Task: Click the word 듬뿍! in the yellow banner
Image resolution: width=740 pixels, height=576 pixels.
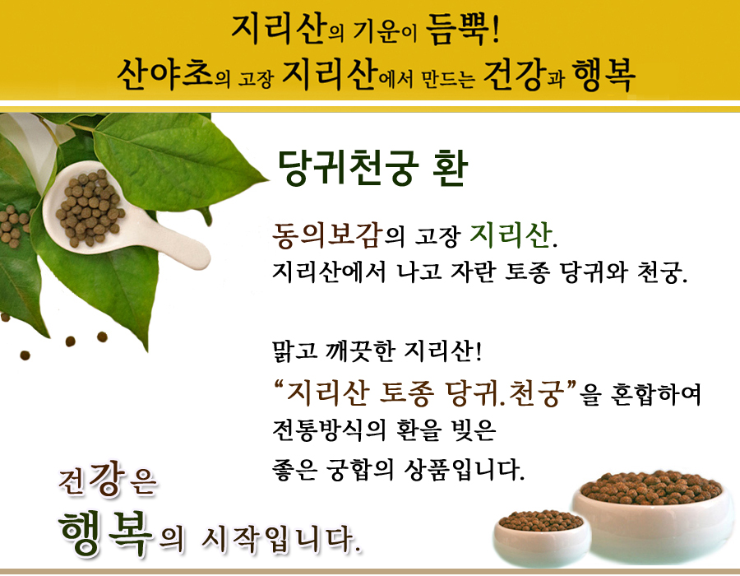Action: pos(462,30)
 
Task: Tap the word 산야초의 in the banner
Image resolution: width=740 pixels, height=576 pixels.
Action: pos(173,75)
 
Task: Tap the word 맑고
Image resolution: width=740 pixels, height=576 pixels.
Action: pos(295,351)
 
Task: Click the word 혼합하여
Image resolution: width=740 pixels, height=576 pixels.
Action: pos(655,394)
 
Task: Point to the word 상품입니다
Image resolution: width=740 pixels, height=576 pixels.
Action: pos(465,470)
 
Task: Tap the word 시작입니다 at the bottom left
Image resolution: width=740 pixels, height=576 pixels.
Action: pos(282,539)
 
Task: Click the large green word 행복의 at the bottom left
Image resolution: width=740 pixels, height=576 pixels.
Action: pos(120,532)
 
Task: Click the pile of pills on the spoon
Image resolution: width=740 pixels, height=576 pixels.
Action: pos(90,207)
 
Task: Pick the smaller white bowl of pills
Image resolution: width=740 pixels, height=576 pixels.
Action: pos(541,537)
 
